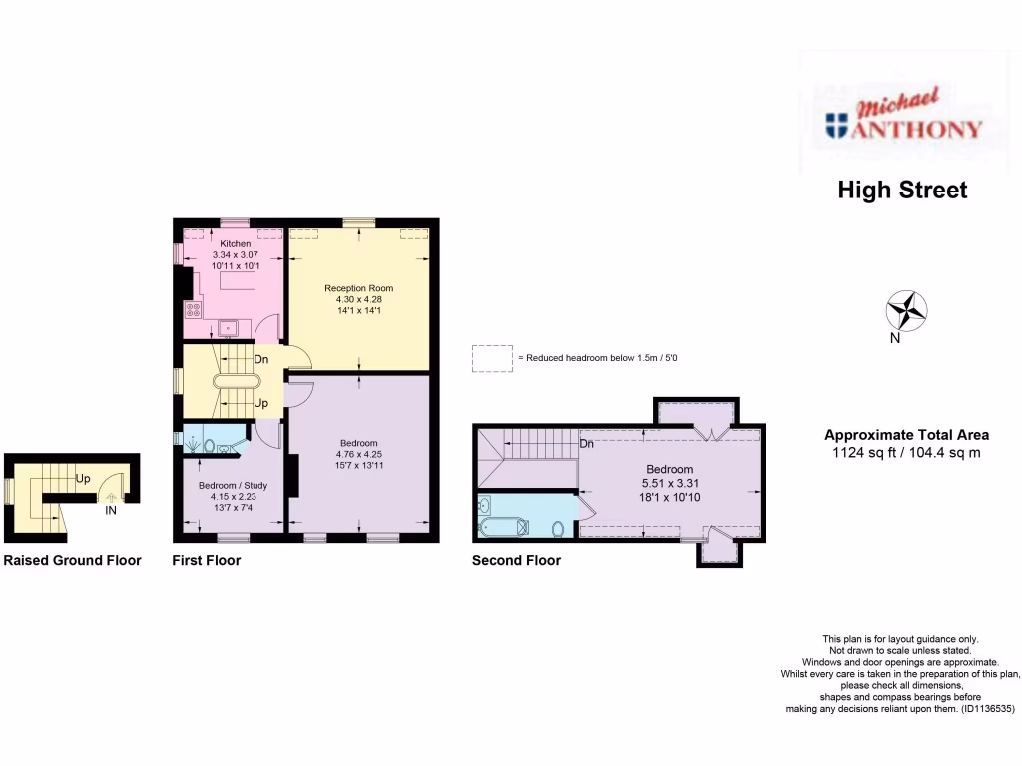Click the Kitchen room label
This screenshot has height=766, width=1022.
(x=236, y=244)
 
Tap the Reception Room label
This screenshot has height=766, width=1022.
(x=358, y=288)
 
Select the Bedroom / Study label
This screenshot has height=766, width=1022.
(x=233, y=485)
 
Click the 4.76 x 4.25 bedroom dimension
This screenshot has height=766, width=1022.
(x=358, y=455)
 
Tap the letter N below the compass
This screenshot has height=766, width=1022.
(x=896, y=338)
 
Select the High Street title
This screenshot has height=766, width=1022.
(x=902, y=190)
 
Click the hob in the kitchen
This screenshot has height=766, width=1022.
(x=193, y=310)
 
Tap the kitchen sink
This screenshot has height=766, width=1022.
(x=228, y=326)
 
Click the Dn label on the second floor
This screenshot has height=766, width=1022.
(x=587, y=443)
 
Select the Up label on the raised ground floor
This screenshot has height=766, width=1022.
(x=85, y=478)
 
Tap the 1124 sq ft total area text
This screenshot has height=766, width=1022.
(x=905, y=451)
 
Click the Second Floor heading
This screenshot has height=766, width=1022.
(x=516, y=561)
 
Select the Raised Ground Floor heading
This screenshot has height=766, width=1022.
(x=72, y=561)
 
